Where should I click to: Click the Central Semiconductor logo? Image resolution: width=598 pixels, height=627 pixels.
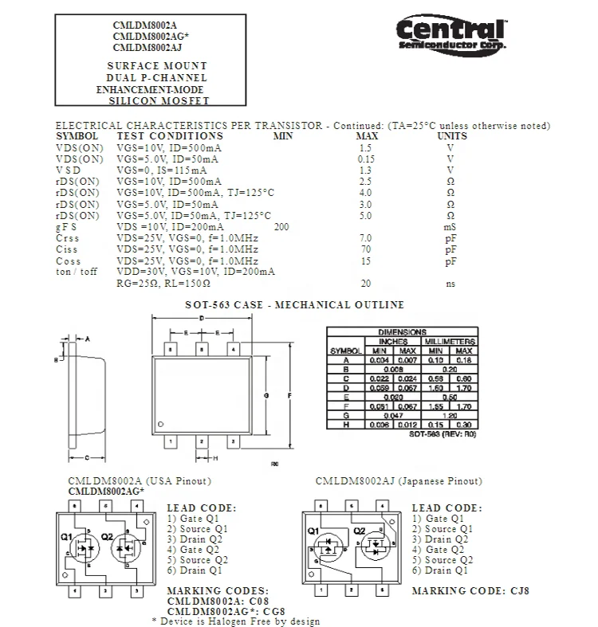tap(451, 36)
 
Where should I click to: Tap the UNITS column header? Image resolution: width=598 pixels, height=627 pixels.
tap(452, 136)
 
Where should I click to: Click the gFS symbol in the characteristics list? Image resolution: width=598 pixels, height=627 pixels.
tap(66, 228)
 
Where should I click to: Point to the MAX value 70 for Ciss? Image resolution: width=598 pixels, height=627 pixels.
tap(366, 250)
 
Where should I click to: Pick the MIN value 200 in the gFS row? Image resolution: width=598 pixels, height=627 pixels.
tap(281, 228)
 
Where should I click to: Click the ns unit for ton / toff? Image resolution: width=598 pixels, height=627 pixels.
tap(450, 284)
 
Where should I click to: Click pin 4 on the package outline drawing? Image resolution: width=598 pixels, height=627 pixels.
tap(233, 348)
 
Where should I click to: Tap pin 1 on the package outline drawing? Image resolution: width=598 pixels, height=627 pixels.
tap(170, 441)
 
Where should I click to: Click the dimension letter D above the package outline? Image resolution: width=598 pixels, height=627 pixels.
tap(202, 318)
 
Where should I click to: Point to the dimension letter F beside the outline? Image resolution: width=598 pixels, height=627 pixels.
tap(289, 395)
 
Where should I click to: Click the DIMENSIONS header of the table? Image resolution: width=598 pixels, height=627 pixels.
tap(402, 332)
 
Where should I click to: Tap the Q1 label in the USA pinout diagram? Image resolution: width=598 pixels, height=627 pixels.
tap(67, 536)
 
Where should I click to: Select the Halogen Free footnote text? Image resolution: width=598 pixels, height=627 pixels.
tap(235, 621)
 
